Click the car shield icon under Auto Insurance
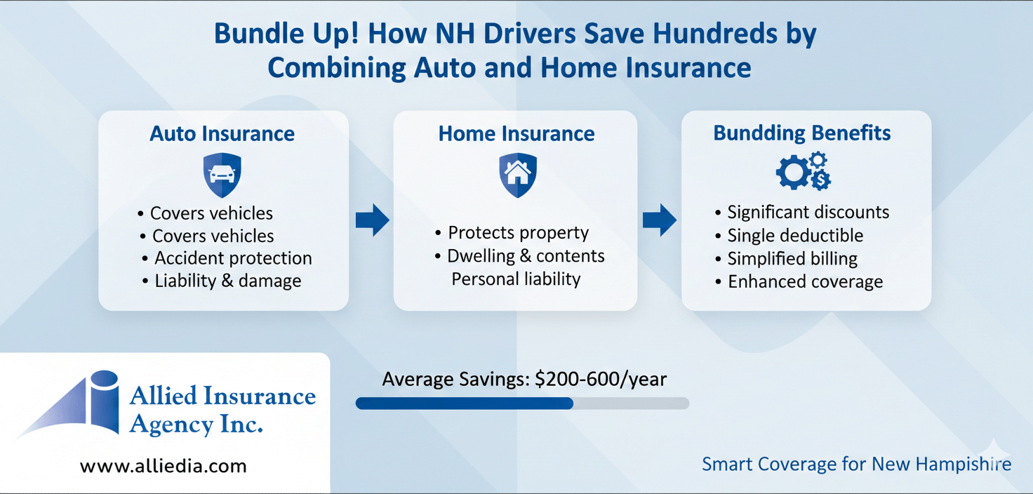[x=222, y=175]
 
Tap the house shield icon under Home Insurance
[x=517, y=175]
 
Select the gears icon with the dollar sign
[x=803, y=171]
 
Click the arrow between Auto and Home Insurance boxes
[x=372, y=220]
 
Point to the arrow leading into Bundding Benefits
[x=659, y=220]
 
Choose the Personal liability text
[x=516, y=279]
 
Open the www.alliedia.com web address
[x=164, y=466]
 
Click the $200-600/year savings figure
[x=600, y=380]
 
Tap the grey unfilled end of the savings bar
[x=632, y=403]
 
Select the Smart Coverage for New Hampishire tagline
[x=856, y=464]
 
